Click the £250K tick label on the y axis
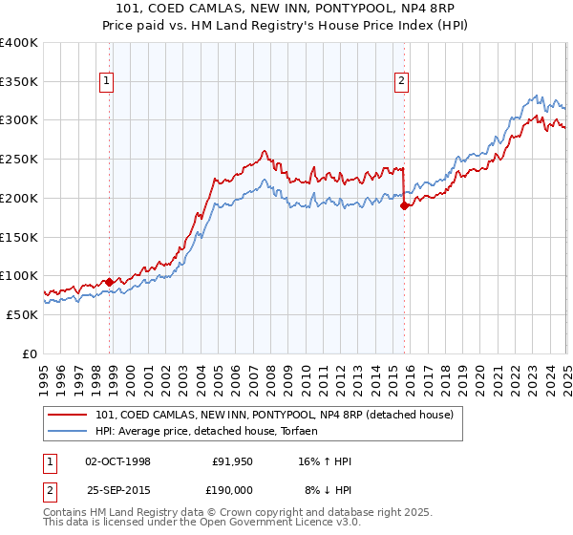coord(19,160)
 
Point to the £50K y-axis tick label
coord(22,314)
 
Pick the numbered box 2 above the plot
coord(402,81)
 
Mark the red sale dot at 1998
coord(109,282)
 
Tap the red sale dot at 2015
coord(404,205)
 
